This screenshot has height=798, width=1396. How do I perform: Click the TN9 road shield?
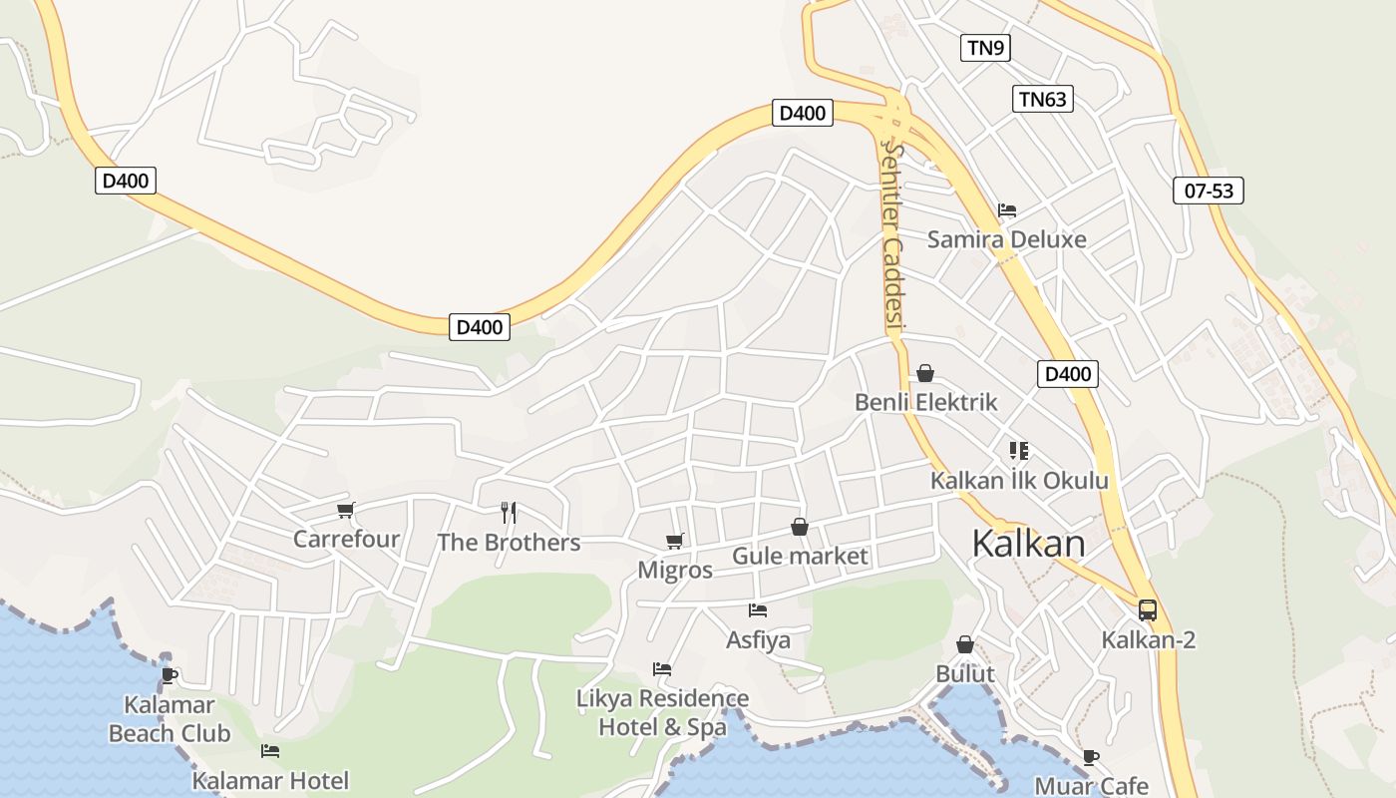point(985,47)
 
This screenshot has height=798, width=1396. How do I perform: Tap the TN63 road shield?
point(1043,98)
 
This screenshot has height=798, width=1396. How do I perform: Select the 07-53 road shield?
point(1209,191)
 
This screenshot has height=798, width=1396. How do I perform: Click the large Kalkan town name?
point(1028,544)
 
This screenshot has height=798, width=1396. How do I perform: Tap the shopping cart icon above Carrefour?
point(346,511)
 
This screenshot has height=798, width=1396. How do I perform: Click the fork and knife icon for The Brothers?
point(509,513)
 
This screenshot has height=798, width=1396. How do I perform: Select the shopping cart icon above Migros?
point(675,541)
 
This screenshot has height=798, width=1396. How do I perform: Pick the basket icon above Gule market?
point(800,527)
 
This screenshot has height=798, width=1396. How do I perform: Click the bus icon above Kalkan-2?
point(1148,609)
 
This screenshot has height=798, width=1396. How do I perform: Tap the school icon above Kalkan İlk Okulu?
point(1018,451)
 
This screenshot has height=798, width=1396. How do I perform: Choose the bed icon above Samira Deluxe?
point(1007,210)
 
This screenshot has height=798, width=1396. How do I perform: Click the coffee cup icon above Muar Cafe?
point(1091,757)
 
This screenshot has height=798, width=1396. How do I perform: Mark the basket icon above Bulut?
point(965,644)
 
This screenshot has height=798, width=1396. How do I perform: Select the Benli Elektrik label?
point(926,402)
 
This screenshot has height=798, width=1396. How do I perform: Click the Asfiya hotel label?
point(758,639)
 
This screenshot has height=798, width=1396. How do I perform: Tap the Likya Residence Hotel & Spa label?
point(662,712)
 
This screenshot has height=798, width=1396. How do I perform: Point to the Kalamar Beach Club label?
point(170,719)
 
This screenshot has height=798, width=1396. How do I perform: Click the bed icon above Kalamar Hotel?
point(270,751)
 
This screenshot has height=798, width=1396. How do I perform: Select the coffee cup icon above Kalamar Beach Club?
point(170,675)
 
